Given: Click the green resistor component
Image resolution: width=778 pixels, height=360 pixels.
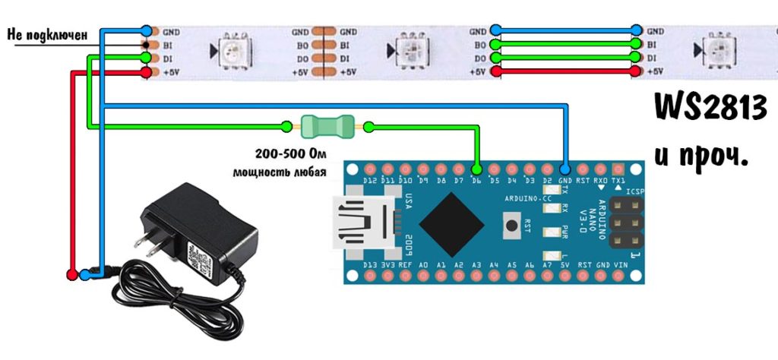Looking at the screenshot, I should (x=328, y=125).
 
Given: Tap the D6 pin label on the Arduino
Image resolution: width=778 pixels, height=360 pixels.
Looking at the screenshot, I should (x=477, y=181).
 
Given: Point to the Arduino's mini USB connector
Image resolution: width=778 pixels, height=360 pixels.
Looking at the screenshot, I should (x=363, y=223).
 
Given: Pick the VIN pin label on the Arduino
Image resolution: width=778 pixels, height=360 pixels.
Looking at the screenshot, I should (x=621, y=266).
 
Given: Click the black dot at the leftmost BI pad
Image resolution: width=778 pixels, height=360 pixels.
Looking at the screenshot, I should (x=145, y=45).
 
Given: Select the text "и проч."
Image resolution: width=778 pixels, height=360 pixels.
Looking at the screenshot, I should (x=701, y=156).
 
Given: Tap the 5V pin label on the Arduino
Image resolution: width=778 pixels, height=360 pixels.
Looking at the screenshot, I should (x=565, y=266).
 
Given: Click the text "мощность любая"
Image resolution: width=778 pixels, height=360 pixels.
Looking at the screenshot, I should (x=280, y=172).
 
